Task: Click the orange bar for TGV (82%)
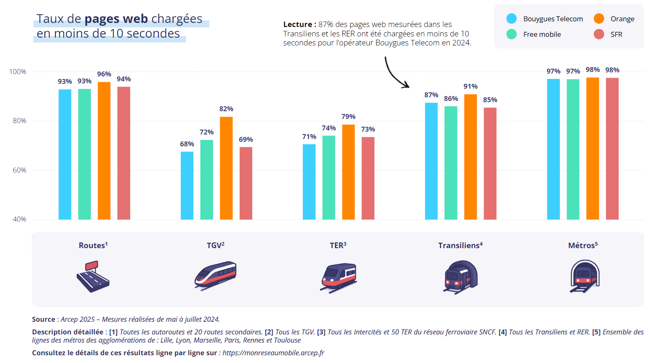tap(226, 168)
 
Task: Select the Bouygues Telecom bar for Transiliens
tap(431, 161)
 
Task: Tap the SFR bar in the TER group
tap(368, 178)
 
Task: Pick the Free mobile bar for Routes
tap(84, 154)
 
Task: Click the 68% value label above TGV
tap(187, 144)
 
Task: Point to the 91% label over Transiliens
tap(470, 86)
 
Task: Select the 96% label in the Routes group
tap(104, 74)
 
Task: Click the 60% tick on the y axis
tap(19, 170)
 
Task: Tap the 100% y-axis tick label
tap(18, 72)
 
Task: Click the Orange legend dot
tap(599, 18)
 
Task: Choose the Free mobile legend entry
tap(542, 34)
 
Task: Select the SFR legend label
tap(616, 34)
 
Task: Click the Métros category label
tap(582, 245)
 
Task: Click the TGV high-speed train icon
tap(216, 275)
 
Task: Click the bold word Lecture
tap(298, 25)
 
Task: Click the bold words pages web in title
tap(116, 19)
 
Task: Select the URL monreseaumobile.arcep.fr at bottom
tap(273, 353)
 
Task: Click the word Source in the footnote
tap(43, 319)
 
